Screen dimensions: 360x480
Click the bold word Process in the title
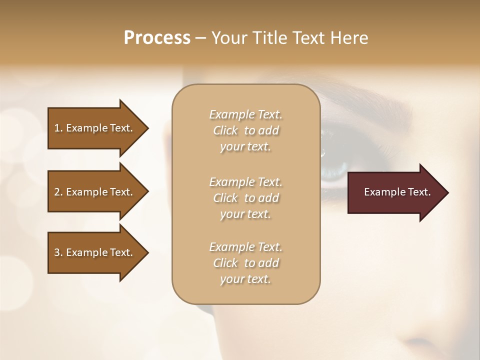pyautogui.click(x=157, y=38)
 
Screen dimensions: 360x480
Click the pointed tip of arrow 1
pyautogui.click(x=146, y=128)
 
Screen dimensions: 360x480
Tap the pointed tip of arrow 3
pyautogui.click(x=146, y=252)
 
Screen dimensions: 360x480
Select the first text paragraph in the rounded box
pyautogui.click(x=245, y=130)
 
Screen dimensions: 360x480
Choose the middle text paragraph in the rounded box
pyautogui.click(x=245, y=198)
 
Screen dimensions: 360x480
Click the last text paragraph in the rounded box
pyautogui.click(x=245, y=263)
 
